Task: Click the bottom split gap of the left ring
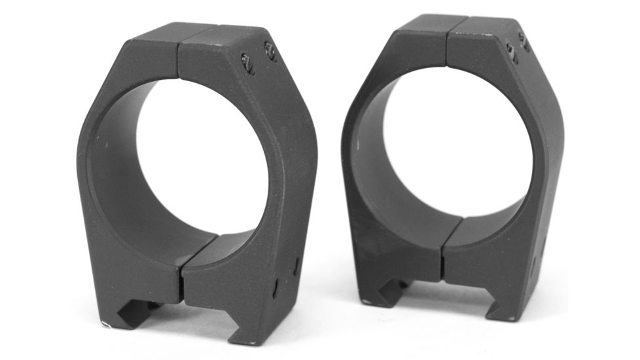click(180, 275)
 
